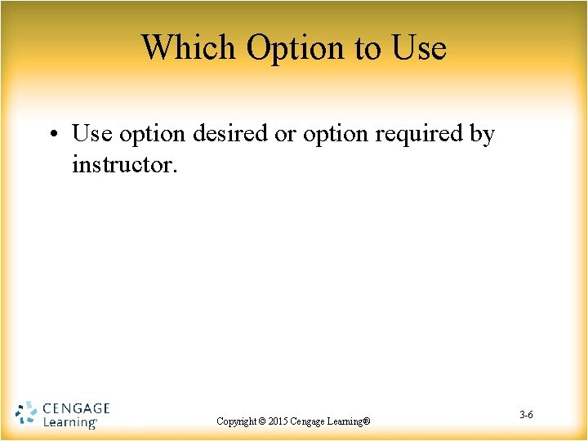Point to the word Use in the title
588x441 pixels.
(419, 47)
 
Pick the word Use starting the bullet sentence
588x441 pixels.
(90, 133)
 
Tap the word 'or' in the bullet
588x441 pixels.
(285, 134)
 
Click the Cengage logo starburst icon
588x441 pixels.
(26, 414)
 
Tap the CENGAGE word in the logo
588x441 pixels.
(75, 408)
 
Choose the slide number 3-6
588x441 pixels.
(526, 416)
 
